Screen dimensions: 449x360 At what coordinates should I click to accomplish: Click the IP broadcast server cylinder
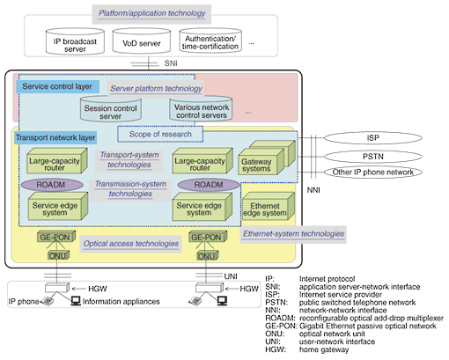click(75, 41)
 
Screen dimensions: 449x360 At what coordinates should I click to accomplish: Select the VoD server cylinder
click(142, 41)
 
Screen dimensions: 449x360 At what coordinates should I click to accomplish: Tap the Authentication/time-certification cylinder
click(210, 40)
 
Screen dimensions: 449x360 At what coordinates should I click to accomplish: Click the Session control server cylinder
click(111, 109)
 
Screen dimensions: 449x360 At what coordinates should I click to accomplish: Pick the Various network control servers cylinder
click(201, 108)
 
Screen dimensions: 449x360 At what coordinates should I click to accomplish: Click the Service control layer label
click(57, 86)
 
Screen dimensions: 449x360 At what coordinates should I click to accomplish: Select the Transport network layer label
click(55, 137)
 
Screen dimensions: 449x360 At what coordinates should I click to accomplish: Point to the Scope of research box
click(160, 134)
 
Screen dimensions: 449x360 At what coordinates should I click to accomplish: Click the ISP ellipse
click(373, 137)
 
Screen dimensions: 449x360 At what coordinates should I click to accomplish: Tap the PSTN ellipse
click(373, 157)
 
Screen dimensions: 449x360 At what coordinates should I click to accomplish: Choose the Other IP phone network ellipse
click(373, 172)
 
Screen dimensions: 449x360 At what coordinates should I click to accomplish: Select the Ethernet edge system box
click(269, 206)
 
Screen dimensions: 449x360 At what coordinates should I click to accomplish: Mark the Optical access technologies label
click(131, 244)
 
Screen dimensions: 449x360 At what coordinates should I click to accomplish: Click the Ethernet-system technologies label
click(293, 234)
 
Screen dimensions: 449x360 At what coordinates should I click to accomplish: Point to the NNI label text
click(313, 190)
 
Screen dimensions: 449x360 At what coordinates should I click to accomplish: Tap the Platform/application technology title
click(151, 13)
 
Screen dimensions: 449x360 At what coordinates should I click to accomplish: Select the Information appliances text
click(121, 301)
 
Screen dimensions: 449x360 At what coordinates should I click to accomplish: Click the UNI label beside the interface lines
click(231, 276)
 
